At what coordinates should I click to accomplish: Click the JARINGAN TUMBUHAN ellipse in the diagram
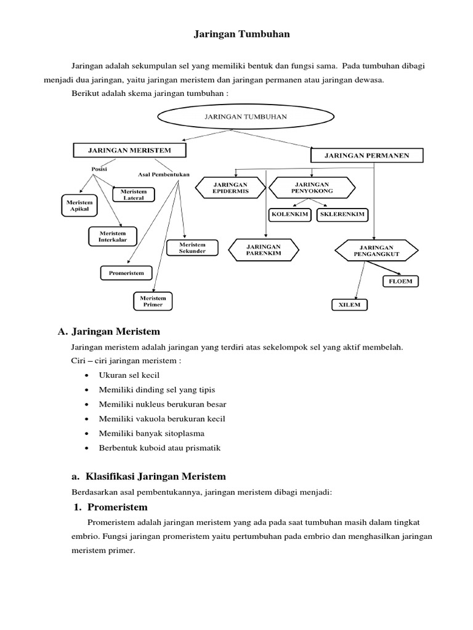(245, 117)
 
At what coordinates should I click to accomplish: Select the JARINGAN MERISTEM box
(129, 150)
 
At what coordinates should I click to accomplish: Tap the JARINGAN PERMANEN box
(367, 156)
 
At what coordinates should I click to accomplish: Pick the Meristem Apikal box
(79, 205)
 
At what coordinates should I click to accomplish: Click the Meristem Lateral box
(134, 195)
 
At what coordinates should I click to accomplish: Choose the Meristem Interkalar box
(113, 237)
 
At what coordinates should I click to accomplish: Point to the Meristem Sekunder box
(192, 248)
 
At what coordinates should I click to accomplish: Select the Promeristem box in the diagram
(126, 273)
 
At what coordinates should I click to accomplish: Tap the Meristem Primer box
(153, 301)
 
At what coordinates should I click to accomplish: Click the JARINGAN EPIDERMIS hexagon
(230, 188)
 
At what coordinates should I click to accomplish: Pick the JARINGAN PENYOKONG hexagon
(312, 188)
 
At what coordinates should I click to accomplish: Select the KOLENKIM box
(289, 215)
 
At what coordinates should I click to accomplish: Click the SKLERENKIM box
(342, 215)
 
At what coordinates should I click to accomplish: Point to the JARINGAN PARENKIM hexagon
(264, 250)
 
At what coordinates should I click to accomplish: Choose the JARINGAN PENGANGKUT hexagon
(376, 251)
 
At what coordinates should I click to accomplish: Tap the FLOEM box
(400, 281)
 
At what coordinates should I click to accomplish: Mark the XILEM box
(350, 305)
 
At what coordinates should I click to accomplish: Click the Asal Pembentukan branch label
(164, 175)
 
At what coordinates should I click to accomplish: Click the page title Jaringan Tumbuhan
(241, 34)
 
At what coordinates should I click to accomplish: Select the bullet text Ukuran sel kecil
(129, 375)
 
